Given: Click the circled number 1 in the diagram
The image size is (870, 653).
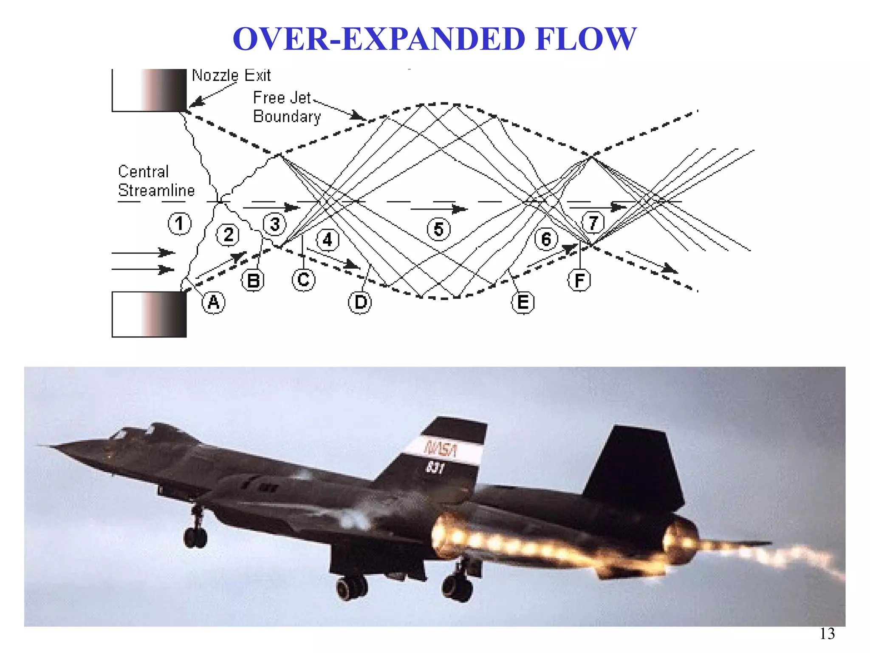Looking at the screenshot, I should pos(179,224).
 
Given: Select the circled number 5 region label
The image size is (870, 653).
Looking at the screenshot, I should pos(438,229).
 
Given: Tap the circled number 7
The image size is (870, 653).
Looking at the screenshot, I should pos(593,222).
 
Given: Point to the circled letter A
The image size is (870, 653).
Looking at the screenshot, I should pos(213,302).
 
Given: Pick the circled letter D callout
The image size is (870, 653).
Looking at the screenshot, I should pos(360,302).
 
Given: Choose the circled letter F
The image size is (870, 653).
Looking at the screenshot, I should pos(579,281).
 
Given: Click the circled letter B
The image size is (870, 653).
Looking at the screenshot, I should pos(253,281).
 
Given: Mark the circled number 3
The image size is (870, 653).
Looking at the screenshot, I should pos(275,224).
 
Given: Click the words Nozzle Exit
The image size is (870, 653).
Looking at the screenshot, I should pos(231,76).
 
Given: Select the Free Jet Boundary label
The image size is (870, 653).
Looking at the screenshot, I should pos(286,107).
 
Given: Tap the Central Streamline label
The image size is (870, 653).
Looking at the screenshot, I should pos(155,181).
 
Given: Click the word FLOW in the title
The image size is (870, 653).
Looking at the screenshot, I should pos(586,39).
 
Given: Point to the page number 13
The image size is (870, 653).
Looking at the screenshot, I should pos(827,634).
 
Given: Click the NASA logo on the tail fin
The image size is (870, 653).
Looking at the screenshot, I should pos(441,449).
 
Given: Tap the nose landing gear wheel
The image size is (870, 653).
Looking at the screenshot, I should pos(195,537).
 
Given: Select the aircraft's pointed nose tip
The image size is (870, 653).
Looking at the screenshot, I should pos(40,445).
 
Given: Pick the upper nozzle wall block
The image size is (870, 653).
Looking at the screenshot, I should pos(150,90).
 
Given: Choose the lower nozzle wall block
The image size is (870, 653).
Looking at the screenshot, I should pos(150,314).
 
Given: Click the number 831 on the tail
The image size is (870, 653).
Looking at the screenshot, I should pos(435,468).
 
